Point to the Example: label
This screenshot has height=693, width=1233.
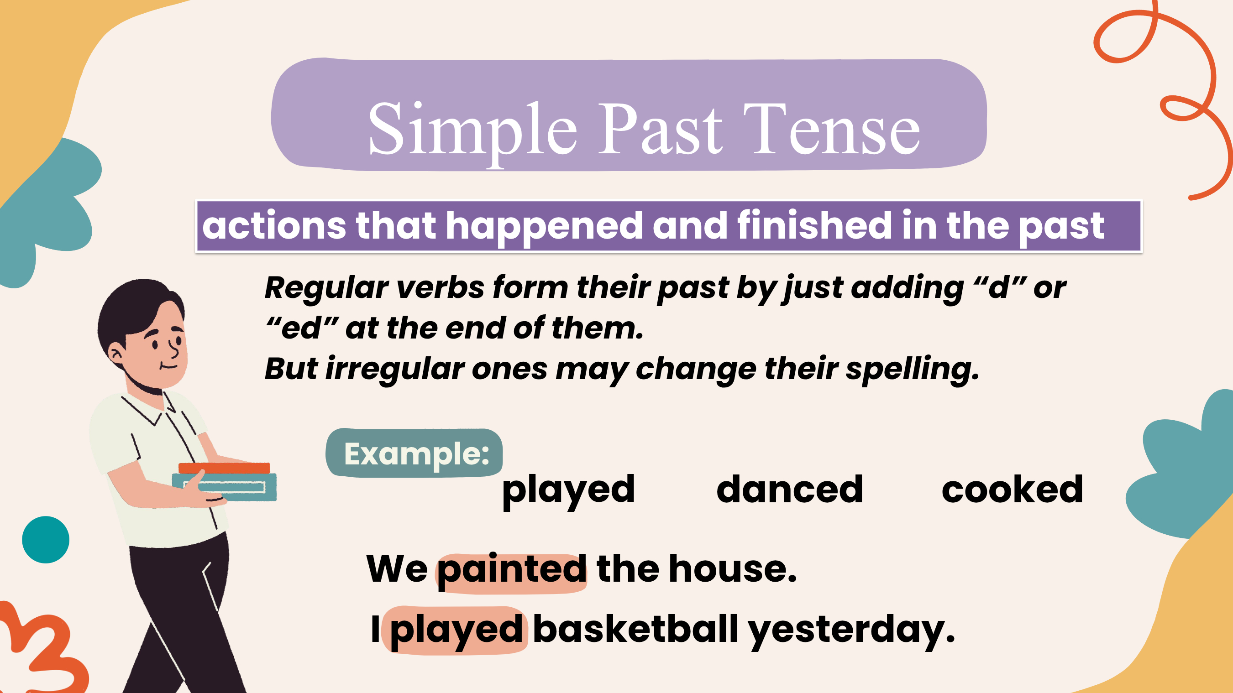[416, 454]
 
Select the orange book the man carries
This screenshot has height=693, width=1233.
[224, 468]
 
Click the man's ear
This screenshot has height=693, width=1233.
[116, 354]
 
